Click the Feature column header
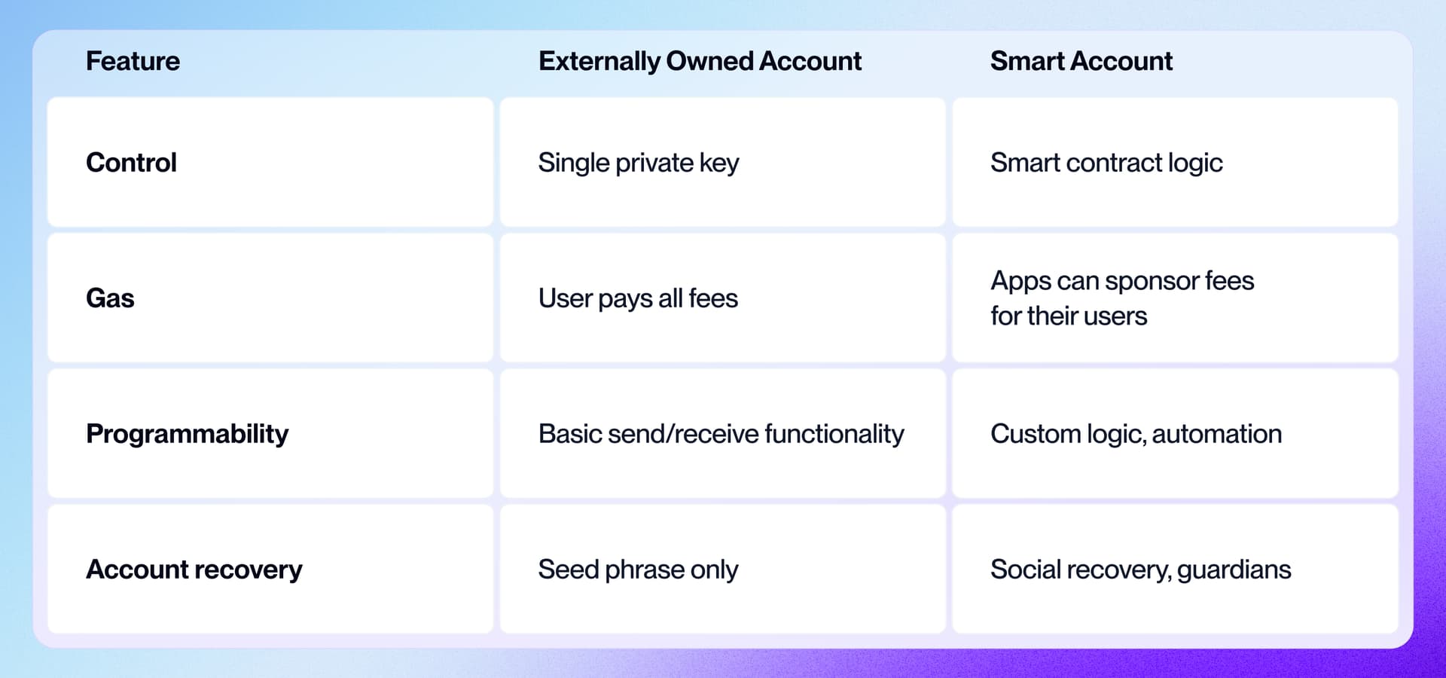(133, 61)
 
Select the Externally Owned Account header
(700, 61)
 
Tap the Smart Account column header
(1081, 61)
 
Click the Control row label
(131, 163)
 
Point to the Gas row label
(110, 298)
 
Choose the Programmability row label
(187, 434)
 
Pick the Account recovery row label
(194, 570)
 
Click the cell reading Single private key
(638, 163)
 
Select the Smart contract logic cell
(1106, 163)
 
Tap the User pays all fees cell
(637, 298)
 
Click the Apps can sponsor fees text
(1121, 281)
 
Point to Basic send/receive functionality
(721, 434)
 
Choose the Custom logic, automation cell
(1135, 434)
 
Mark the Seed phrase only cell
(637, 570)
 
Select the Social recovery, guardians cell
(1139, 570)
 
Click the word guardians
(1234, 570)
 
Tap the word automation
(1216, 434)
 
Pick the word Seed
(567, 570)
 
